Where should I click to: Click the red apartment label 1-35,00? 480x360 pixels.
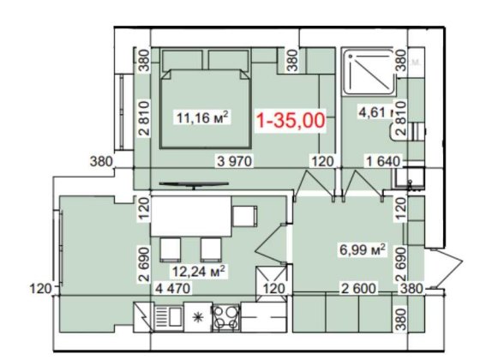[x=291, y=121]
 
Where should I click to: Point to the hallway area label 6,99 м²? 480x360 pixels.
[x=361, y=251]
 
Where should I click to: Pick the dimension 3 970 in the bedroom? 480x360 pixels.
[x=237, y=160]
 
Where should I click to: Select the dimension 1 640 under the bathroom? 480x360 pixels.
[x=381, y=160]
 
